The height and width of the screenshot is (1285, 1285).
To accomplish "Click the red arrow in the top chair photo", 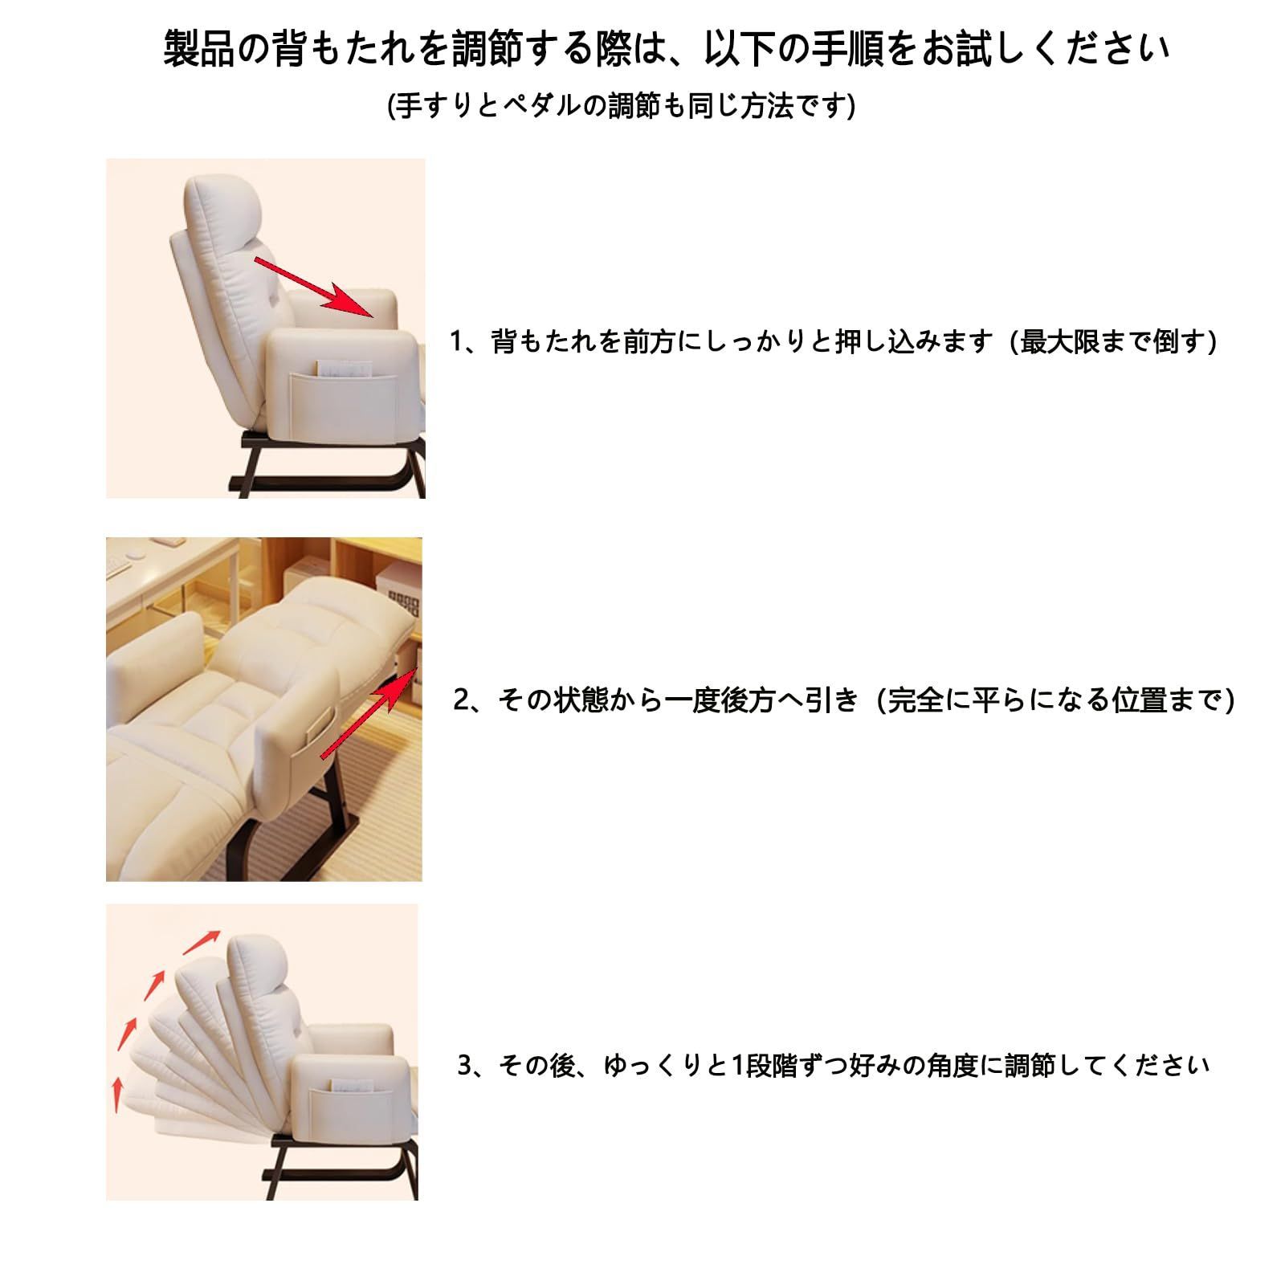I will pyautogui.click(x=316, y=288).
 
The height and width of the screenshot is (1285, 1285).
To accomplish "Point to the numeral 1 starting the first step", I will pyautogui.click(x=456, y=342).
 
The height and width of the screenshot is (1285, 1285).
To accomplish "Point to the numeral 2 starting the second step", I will pyautogui.click(x=461, y=700).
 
